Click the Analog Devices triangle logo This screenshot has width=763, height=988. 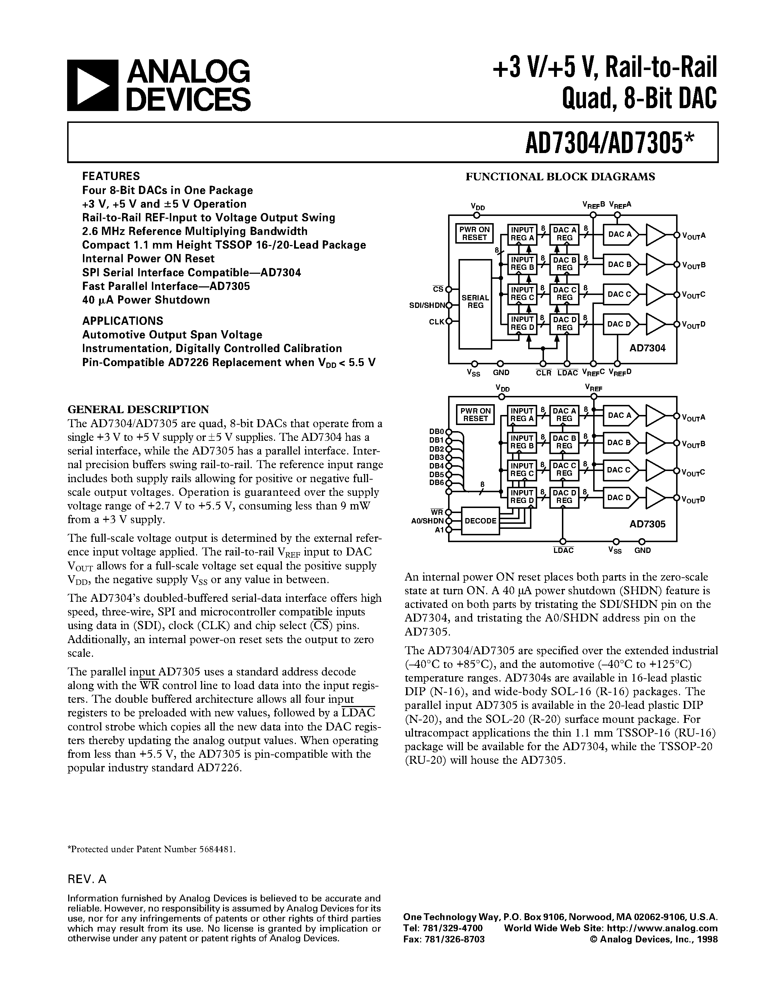92,86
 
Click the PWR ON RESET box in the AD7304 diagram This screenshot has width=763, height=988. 474,234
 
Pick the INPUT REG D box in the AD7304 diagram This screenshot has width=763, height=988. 522,323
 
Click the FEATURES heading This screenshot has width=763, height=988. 111,176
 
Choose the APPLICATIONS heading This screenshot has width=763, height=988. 122,321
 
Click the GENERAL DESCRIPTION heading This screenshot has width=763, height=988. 138,410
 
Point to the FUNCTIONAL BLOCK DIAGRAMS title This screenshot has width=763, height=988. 560,177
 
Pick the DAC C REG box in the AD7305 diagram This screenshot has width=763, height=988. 564,470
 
